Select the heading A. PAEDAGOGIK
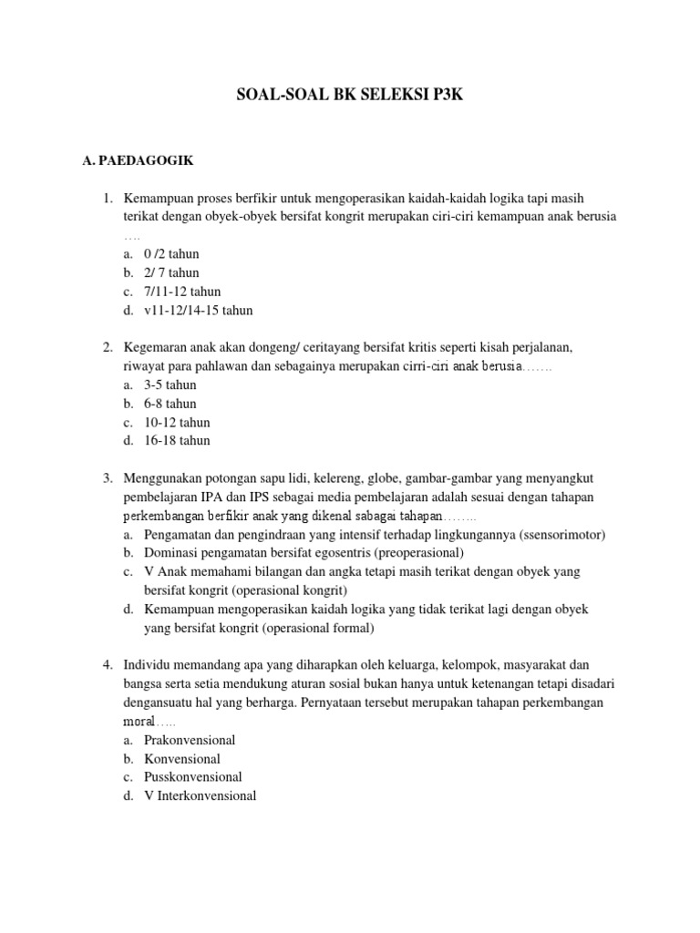(x=138, y=161)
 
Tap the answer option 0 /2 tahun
(x=171, y=254)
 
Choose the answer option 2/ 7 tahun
(x=171, y=272)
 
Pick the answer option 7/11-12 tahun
(x=182, y=292)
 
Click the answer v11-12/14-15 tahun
(x=198, y=310)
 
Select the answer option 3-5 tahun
(x=170, y=384)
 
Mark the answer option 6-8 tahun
(x=170, y=404)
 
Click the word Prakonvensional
(x=190, y=740)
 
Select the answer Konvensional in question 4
(x=182, y=758)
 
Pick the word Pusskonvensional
(x=192, y=777)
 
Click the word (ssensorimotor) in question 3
(x=557, y=534)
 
